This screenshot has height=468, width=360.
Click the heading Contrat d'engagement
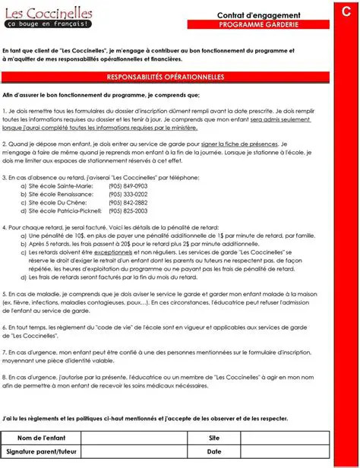(x=258, y=15)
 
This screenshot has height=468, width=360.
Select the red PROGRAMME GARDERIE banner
(x=258, y=24)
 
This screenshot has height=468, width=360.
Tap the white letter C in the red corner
(x=346, y=9)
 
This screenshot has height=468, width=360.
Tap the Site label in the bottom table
(x=214, y=438)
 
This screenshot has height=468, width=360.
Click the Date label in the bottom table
(x=214, y=451)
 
